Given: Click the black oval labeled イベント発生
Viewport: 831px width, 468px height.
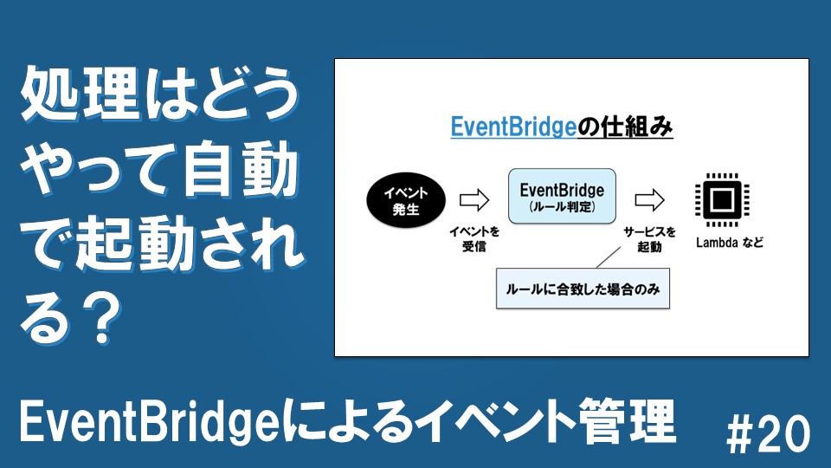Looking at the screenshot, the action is coord(406,200).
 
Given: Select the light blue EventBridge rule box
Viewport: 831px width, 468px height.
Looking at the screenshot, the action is coord(562,196).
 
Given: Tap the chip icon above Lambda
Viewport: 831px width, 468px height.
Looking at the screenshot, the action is coord(722,199).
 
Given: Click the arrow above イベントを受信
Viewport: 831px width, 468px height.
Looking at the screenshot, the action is coord(474,200).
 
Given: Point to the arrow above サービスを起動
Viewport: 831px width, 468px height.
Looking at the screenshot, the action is coord(649,200).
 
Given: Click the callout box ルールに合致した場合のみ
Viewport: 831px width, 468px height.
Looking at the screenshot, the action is coord(583,289).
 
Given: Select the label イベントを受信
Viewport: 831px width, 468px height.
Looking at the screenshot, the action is coord(474,239).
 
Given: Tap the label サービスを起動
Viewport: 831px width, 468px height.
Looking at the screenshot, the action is coord(649,239).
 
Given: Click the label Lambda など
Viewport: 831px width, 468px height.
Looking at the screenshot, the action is coord(729,243).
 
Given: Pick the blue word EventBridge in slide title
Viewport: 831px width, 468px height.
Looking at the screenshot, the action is coord(513,127).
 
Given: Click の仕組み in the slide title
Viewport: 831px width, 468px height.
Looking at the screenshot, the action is coord(625,127).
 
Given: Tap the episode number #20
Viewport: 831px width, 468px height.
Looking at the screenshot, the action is coord(769,433).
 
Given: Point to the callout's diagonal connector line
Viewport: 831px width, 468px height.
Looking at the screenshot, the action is coord(608,257).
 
